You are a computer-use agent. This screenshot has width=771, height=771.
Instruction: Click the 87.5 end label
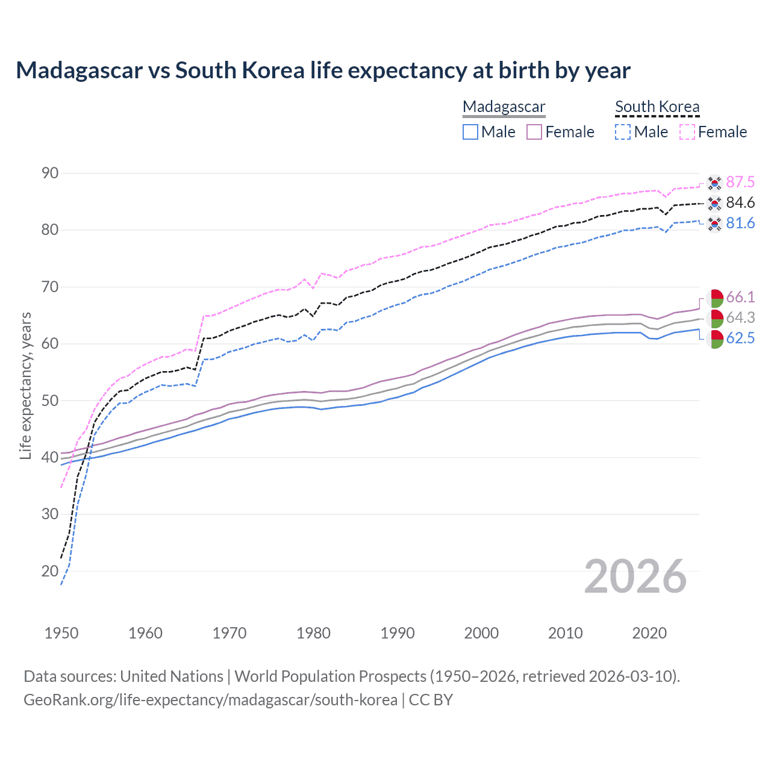pyautogui.click(x=740, y=182)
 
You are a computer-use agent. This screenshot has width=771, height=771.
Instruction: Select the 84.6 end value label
pyautogui.click(x=740, y=202)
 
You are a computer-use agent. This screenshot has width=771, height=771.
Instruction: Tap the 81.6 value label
pyautogui.click(x=740, y=223)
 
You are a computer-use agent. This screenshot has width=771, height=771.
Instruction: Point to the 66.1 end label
pyautogui.click(x=740, y=297)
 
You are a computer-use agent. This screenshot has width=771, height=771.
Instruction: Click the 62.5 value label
pyautogui.click(x=740, y=338)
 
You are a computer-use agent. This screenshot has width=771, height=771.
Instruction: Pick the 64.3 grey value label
pyautogui.click(x=740, y=317)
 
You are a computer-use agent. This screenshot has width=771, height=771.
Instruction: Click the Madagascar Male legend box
pyautogui.click(x=470, y=132)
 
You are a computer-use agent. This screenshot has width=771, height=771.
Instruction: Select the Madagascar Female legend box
pyautogui.click(x=534, y=132)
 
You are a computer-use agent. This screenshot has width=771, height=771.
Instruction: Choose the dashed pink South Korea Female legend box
pyautogui.click(x=687, y=132)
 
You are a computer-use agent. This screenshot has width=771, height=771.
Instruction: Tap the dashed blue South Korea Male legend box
pyautogui.click(x=623, y=132)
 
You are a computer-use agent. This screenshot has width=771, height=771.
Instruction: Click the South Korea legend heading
pyautogui.click(x=657, y=107)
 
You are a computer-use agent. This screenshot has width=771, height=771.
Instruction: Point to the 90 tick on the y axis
pyautogui.click(x=50, y=173)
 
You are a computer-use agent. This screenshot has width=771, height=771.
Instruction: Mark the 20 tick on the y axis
pyautogui.click(x=50, y=571)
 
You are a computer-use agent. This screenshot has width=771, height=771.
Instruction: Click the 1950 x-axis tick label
pyautogui.click(x=61, y=633)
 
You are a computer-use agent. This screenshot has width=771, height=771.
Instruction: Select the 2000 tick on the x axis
pyautogui.click(x=481, y=633)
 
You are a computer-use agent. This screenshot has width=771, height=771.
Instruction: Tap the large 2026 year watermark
pyautogui.click(x=635, y=576)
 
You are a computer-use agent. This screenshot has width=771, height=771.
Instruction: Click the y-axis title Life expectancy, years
pyautogui.click(x=25, y=385)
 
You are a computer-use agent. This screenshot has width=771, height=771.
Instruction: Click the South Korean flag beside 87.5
pyautogui.click(x=714, y=182)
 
